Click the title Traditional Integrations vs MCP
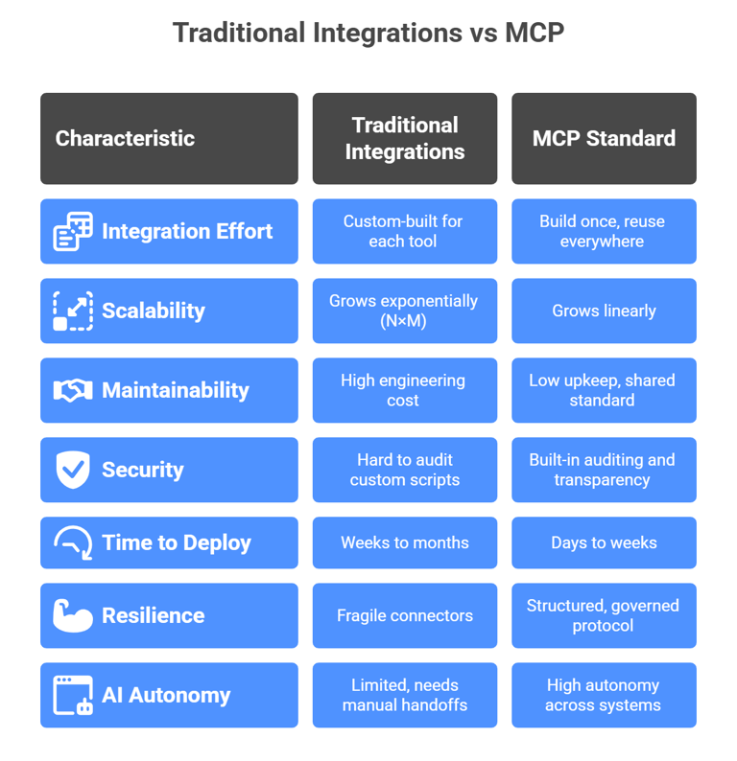pos(368,33)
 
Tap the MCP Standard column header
pos(604,138)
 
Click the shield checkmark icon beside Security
pos(73,470)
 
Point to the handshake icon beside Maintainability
pos(73,390)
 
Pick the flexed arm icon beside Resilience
pos(73,615)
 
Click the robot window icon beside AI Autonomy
pos(73,695)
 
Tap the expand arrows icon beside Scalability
pos(73,311)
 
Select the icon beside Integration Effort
pos(73,231)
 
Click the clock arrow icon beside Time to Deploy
pos(73,542)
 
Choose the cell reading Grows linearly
pos(604,311)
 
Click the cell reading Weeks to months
pos(405,542)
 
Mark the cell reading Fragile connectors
pos(405,615)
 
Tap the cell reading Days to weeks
pos(604,542)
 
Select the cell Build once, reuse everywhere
pos(604,231)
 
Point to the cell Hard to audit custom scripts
pos(405,470)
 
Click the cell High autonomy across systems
pos(604,695)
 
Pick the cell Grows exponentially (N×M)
pos(405,311)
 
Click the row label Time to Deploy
pos(177,542)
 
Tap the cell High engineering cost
pos(405,390)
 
